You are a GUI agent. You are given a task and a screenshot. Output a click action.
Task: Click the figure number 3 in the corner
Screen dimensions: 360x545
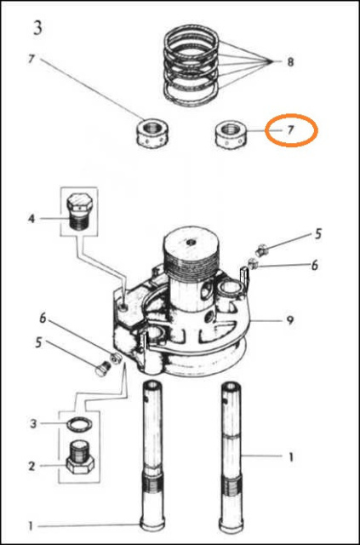(37, 27)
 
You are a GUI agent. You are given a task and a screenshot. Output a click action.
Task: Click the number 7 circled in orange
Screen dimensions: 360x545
(291, 130)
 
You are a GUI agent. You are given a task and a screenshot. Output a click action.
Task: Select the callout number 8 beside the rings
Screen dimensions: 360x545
(290, 62)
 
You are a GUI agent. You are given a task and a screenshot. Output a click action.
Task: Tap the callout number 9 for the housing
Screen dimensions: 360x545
(290, 320)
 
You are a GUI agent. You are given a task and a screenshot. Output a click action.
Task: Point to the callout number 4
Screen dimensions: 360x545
(31, 219)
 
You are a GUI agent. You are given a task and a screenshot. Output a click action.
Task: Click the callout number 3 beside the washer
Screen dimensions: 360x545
(33, 424)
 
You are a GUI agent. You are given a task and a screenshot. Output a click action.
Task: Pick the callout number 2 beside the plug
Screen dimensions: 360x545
(31, 466)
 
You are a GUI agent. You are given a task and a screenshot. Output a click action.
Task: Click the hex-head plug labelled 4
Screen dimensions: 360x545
(79, 211)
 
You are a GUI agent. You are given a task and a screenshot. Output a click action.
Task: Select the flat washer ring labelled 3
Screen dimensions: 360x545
(80, 425)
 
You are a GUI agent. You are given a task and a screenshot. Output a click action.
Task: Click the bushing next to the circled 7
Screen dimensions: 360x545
(230, 135)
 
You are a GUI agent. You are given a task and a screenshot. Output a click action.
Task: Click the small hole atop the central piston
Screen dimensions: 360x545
(191, 242)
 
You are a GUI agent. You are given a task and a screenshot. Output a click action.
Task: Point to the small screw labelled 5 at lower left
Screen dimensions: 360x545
(102, 369)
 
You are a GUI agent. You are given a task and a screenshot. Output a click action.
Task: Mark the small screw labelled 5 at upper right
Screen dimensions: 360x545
(261, 250)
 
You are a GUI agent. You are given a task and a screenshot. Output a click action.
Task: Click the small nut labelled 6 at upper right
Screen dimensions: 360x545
(253, 264)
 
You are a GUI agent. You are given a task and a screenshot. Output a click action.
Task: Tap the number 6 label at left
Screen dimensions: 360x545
(43, 318)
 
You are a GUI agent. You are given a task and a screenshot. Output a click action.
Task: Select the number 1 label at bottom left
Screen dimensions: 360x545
(31, 526)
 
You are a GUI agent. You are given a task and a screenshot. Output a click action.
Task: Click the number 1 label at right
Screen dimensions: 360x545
(290, 457)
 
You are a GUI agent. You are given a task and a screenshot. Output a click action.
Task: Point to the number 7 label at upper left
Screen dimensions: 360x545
(31, 59)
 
